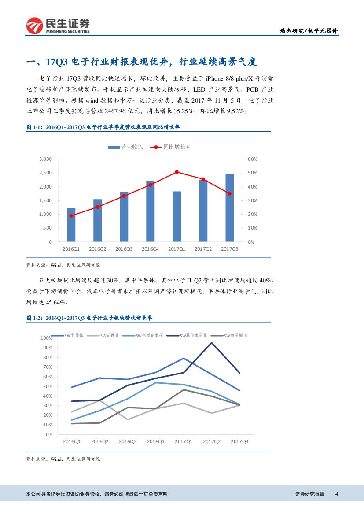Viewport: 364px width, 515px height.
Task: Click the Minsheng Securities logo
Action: click(58, 26)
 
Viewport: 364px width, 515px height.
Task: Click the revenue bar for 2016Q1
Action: click(71, 225)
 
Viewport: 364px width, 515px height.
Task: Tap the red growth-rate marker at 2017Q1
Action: click(176, 172)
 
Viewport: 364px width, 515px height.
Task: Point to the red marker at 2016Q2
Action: click(97, 207)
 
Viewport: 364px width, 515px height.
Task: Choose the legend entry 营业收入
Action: click(126, 147)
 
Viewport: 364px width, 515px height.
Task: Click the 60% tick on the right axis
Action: click(252, 159)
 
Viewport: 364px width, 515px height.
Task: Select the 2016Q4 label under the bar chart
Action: click(151, 249)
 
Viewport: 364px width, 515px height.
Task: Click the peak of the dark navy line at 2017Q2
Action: click(211, 342)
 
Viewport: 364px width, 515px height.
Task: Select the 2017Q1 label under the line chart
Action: click(183, 441)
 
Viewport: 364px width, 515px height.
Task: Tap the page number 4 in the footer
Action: click(336, 494)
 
